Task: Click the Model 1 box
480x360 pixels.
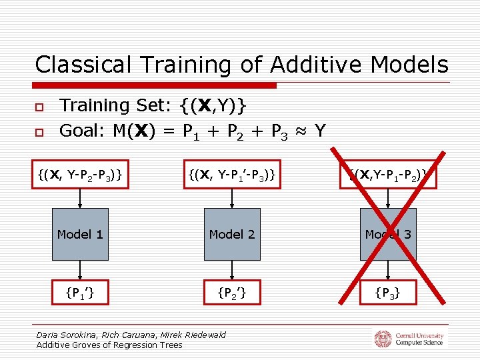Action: [80, 234]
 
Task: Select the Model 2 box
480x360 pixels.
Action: [231, 234]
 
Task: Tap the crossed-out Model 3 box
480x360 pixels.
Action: [388, 234]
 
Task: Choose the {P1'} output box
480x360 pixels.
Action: [80, 291]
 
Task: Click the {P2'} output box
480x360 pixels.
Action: [231, 291]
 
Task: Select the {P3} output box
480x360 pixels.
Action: [388, 291]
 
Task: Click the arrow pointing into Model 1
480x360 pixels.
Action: [80, 199]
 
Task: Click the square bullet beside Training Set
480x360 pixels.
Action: [39, 107]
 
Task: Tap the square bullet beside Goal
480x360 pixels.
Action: [39, 132]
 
